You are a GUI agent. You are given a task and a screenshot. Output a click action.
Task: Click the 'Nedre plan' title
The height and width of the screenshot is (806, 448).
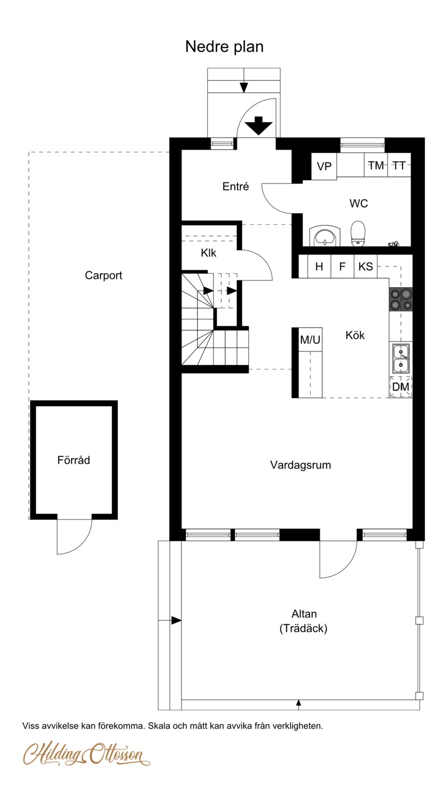pos(224,47)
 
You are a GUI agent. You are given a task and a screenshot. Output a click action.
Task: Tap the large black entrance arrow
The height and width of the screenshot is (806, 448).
pos(259,125)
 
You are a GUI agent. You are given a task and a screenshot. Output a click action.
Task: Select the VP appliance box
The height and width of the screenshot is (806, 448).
pos(324,166)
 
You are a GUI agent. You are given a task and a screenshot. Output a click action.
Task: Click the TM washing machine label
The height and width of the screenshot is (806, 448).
pos(376,166)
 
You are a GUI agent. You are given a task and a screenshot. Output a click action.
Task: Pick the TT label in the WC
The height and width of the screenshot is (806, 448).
pos(399,166)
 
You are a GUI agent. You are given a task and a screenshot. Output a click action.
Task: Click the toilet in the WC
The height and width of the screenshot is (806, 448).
pos(358,233)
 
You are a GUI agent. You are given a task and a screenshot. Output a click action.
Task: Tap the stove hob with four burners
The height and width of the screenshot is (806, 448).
pos(400,299)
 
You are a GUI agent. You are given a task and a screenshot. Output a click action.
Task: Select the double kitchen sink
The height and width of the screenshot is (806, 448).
pos(400,358)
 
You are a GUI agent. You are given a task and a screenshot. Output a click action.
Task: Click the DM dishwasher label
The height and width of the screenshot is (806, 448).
pos(400,387)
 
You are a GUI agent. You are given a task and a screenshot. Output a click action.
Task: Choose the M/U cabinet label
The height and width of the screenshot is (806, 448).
pos(310,339)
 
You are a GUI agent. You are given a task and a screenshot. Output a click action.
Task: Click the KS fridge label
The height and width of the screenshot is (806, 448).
pos(366,266)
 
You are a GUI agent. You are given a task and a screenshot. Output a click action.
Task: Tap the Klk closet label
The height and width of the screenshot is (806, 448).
pos(208,253)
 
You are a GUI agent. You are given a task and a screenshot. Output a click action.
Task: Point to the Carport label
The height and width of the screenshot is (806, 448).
pos(104,275)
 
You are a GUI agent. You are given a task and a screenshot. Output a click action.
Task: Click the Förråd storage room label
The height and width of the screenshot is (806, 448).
pos(73,460)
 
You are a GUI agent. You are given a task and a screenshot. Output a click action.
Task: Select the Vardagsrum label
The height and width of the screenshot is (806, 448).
pos(300,465)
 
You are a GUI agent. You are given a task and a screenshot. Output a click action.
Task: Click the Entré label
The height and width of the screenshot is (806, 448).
pos(236,186)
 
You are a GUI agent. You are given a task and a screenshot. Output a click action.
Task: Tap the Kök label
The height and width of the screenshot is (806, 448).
pos(355,335)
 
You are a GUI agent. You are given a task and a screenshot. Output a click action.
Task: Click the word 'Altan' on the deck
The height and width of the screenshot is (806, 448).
pos(304,614)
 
